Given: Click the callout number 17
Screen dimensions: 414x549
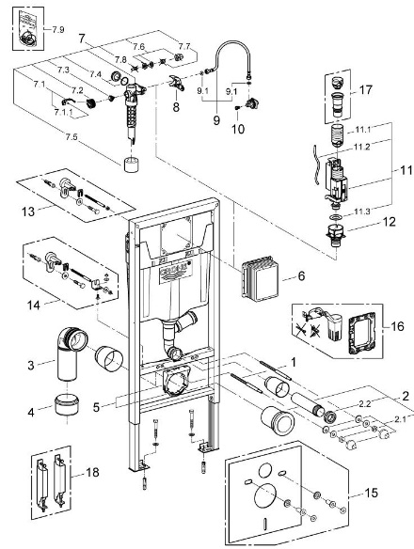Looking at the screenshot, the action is pos(366,90).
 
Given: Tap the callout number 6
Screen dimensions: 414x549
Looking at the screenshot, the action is pos(301,275).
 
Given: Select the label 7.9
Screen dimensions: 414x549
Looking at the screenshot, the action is pos(58,30).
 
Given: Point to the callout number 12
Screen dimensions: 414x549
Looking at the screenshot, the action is pos(390,222).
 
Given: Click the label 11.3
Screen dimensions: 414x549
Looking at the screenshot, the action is pos(362,212).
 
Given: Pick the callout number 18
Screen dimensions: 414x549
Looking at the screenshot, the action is pos(92,472).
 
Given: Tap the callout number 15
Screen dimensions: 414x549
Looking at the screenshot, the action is pos(372,493).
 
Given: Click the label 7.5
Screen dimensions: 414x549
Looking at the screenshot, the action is pos(72,137).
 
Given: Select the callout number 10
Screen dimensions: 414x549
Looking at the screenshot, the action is pos(238,129).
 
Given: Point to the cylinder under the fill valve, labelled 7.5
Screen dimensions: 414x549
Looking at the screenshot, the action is pos(131,165).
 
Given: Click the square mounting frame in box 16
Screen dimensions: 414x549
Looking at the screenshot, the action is pos(361,334).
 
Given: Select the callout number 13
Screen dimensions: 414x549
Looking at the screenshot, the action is pos(28,212).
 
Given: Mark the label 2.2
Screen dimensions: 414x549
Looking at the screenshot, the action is pos(365,403).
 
